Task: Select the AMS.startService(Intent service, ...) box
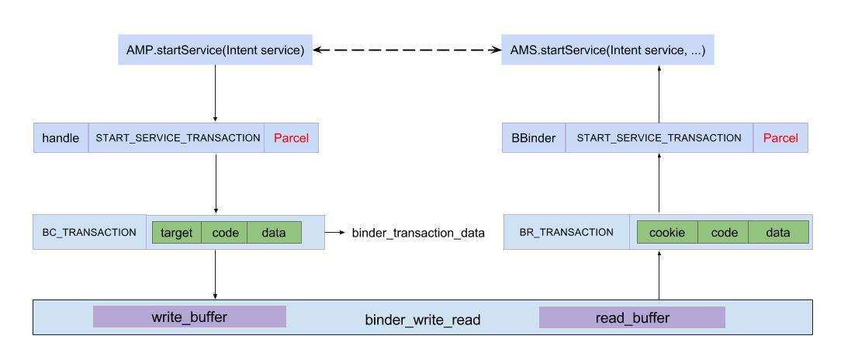(x=607, y=51)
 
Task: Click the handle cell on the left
(x=61, y=137)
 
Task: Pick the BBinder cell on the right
(x=534, y=137)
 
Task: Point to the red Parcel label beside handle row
(x=291, y=137)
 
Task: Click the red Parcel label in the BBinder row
(x=780, y=137)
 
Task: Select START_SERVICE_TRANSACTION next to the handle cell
(x=177, y=137)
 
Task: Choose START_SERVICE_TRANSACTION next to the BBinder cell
(x=659, y=137)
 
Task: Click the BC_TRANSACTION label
(x=89, y=232)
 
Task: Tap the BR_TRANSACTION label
(x=566, y=232)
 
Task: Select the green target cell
(x=177, y=232)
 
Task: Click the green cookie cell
(x=667, y=232)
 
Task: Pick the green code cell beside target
(x=224, y=232)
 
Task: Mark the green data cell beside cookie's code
(x=778, y=232)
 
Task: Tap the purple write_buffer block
(x=189, y=317)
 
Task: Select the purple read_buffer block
(x=631, y=317)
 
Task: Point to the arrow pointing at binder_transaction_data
(x=335, y=232)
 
